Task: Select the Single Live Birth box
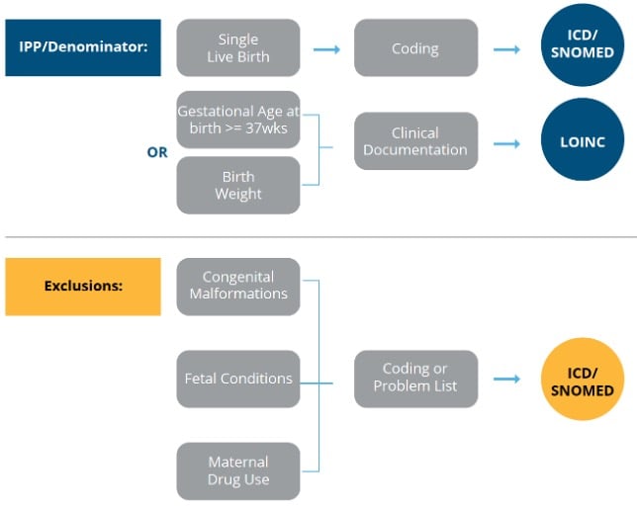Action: tap(238, 47)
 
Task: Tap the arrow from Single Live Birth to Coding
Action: tap(327, 47)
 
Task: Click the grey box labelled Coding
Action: tap(415, 47)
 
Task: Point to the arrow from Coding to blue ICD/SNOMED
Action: tap(506, 47)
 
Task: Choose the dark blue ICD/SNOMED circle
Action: tap(583, 44)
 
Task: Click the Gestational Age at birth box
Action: tap(238, 121)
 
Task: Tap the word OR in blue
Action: tap(157, 153)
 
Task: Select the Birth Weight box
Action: tap(238, 185)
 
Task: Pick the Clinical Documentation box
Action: tap(415, 141)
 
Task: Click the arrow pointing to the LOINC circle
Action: tap(506, 142)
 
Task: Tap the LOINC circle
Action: tap(583, 142)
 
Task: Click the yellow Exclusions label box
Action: tap(82, 286)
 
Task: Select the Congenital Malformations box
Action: tap(238, 286)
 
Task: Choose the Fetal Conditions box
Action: tap(238, 379)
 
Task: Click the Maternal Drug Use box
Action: tap(238, 470)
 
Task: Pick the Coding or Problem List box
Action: tap(415, 379)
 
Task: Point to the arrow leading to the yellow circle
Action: tap(506, 379)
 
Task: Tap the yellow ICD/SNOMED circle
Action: tap(583, 381)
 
